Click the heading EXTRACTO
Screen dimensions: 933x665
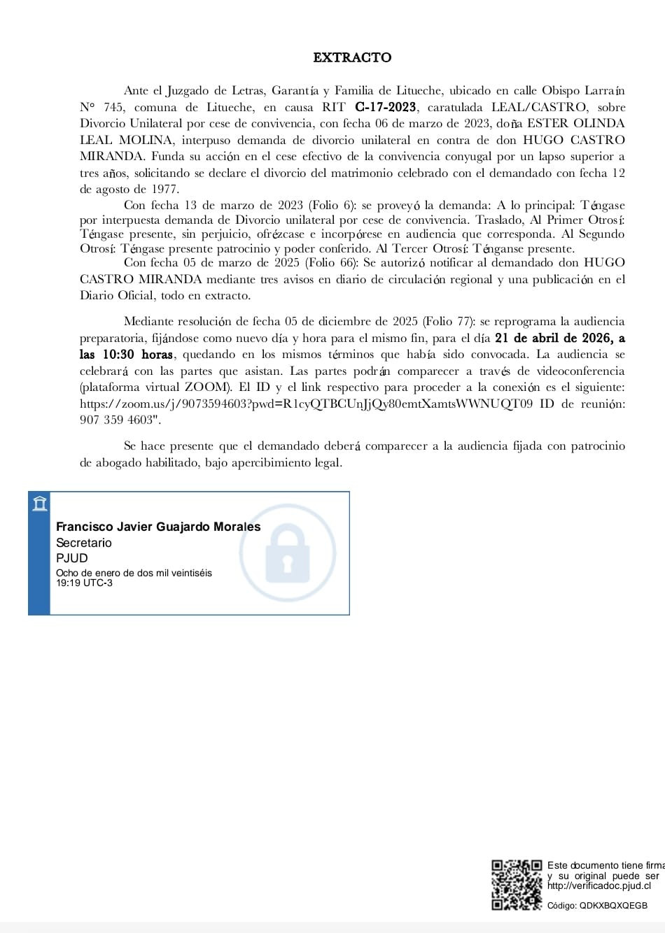352,57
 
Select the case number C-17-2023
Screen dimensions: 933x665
386,107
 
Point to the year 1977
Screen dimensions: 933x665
164,189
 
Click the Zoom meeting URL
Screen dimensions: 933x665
307,404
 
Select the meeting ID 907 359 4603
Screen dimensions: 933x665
115,420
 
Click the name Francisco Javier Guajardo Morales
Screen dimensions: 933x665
158,527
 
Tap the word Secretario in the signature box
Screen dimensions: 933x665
84,543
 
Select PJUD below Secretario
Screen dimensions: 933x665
72,558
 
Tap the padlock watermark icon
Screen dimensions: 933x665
288,553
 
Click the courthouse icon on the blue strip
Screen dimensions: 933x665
40,503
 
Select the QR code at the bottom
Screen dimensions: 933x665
517,885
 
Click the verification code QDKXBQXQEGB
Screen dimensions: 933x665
612,905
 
